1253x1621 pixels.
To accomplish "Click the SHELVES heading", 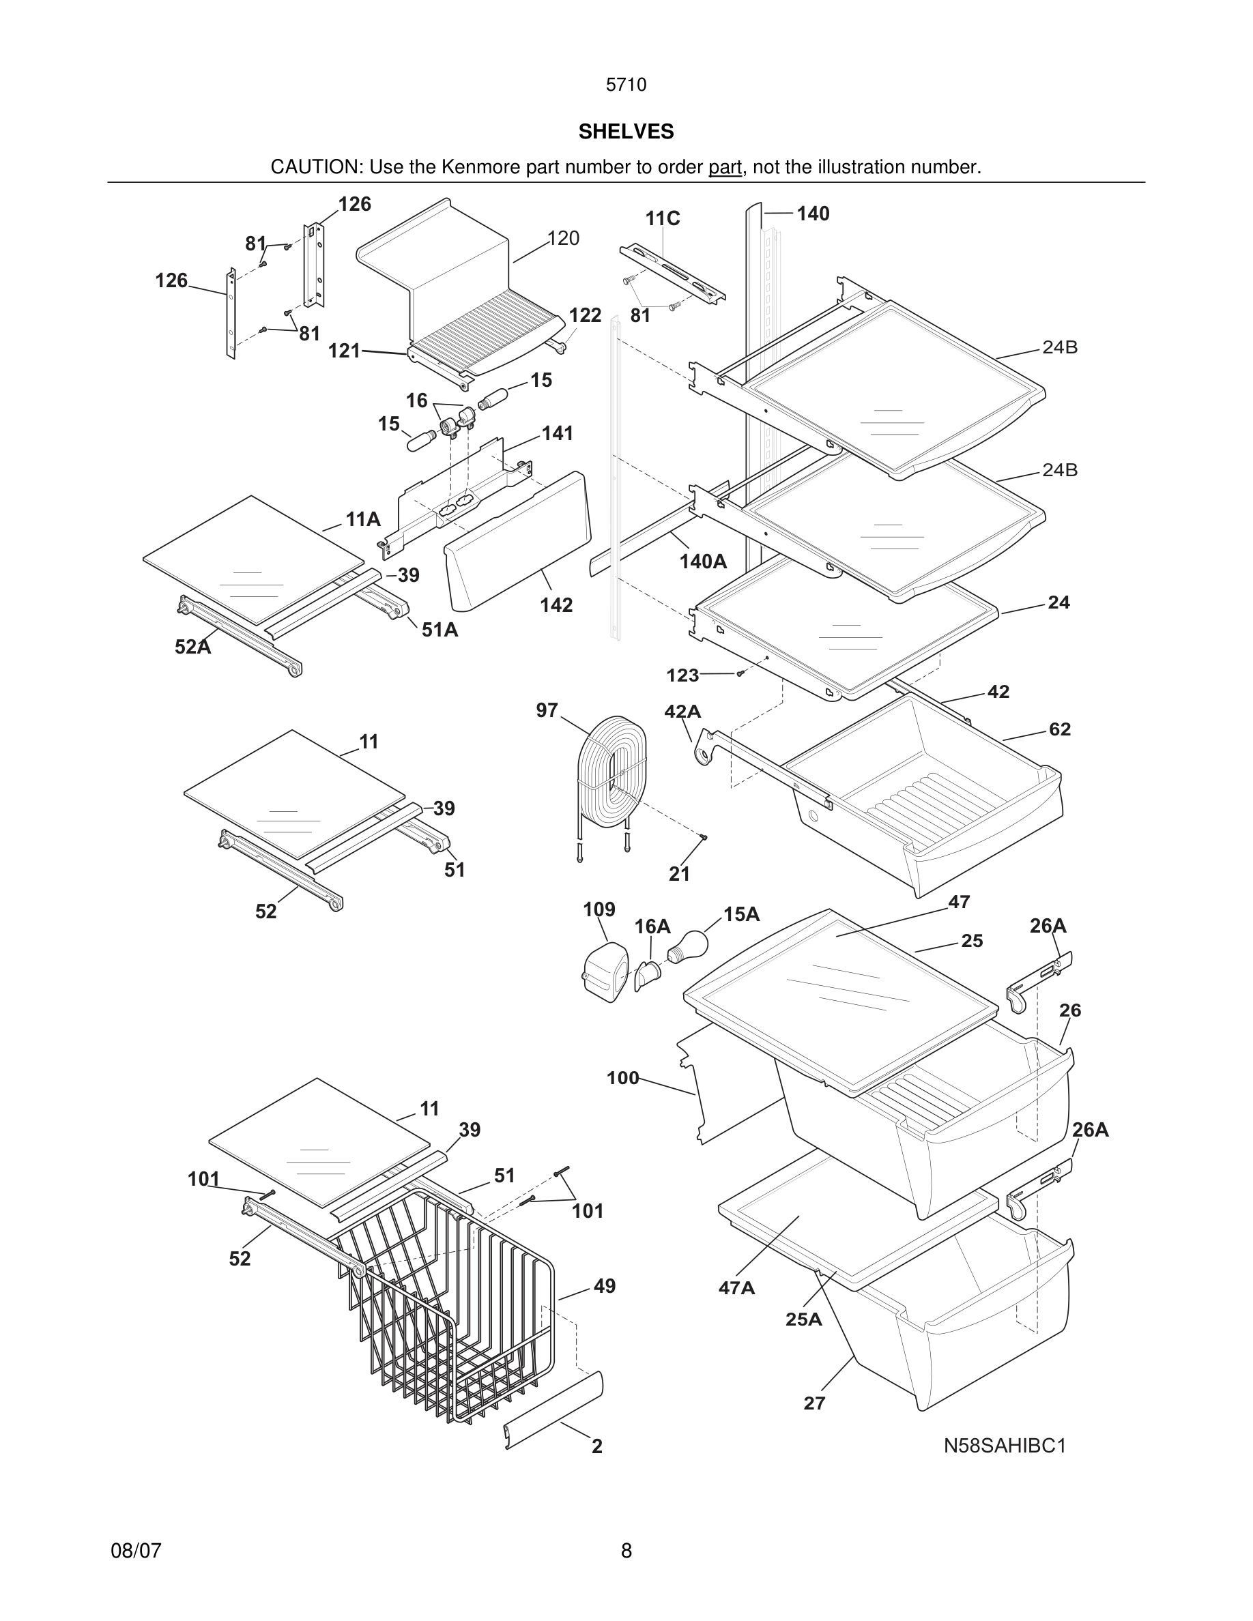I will pos(626,132).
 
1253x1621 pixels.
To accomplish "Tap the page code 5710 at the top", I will pos(626,85).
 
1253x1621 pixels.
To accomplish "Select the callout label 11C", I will pos(662,218).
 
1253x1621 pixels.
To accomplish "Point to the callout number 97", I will pos(547,710).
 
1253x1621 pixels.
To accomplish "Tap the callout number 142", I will pos(556,605).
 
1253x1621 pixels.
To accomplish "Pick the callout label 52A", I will pos(193,647).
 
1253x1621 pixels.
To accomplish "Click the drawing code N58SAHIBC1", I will pos(1005,1446).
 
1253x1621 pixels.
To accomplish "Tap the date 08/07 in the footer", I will pos(136,1551).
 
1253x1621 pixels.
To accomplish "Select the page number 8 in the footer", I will pos(626,1551).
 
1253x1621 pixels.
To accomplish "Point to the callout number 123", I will pos(682,675).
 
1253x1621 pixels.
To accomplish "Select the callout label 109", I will pos(599,909).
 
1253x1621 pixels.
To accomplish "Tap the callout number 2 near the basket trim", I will pos(596,1446).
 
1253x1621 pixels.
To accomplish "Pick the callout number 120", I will pos(564,238).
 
